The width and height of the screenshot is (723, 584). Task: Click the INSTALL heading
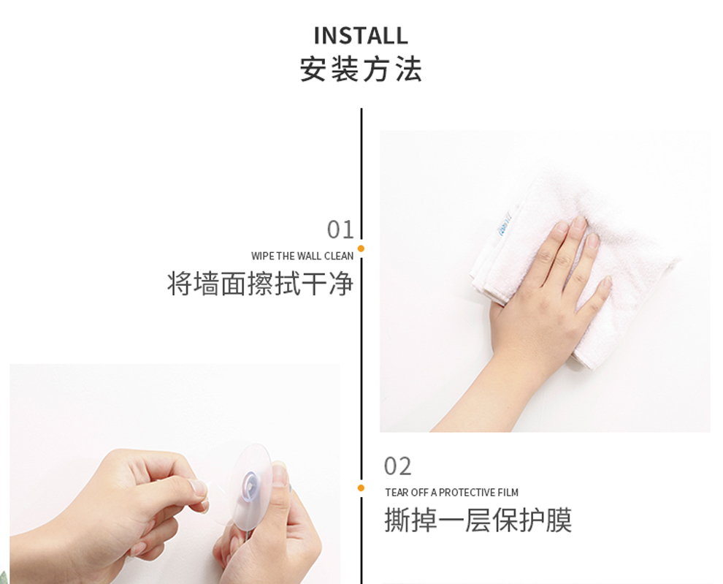(x=361, y=36)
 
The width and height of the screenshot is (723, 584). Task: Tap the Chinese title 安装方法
(x=361, y=69)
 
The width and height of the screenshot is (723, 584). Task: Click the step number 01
(x=340, y=230)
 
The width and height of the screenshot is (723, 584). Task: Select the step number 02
(x=397, y=466)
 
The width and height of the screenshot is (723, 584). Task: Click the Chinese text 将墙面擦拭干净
(x=260, y=284)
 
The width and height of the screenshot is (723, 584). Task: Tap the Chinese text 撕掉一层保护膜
(x=478, y=520)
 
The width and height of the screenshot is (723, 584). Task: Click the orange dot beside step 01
(x=361, y=249)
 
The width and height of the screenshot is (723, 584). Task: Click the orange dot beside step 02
(x=361, y=488)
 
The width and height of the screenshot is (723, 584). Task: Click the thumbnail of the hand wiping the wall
(x=545, y=281)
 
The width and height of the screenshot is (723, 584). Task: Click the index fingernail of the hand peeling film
(x=199, y=488)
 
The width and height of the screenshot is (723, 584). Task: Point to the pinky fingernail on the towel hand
(x=608, y=281)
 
